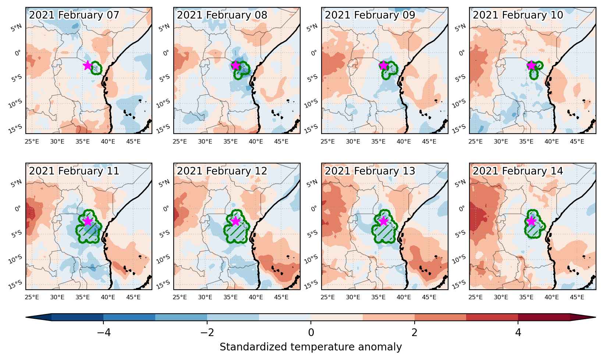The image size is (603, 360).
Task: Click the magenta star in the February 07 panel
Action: tap(88, 65)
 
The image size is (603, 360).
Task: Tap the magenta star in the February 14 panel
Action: tap(531, 221)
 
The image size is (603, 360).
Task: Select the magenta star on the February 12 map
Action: tap(235, 221)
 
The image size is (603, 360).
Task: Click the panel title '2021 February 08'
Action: tap(222, 15)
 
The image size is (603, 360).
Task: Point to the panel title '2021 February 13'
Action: tap(370, 171)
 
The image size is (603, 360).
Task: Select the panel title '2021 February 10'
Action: tap(518, 15)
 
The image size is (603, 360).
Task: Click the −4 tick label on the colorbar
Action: tap(104, 333)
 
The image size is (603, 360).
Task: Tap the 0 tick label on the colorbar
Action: tap(311, 333)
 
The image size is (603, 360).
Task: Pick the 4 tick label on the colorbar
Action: tap(518, 333)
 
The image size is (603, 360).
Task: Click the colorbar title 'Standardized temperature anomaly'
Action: tap(311, 347)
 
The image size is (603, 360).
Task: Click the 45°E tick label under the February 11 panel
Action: tap(133, 297)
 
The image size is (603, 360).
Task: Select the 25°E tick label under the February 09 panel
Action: tap(327, 141)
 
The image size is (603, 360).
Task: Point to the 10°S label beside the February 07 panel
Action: tap(15, 103)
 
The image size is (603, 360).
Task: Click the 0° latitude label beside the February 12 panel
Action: tap(166, 209)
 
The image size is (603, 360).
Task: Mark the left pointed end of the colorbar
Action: tap(26, 317)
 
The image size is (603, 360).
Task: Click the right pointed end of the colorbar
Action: tap(596, 317)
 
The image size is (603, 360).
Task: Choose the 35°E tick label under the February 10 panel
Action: tap(526, 141)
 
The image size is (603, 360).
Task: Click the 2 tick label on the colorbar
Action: tap(415, 333)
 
